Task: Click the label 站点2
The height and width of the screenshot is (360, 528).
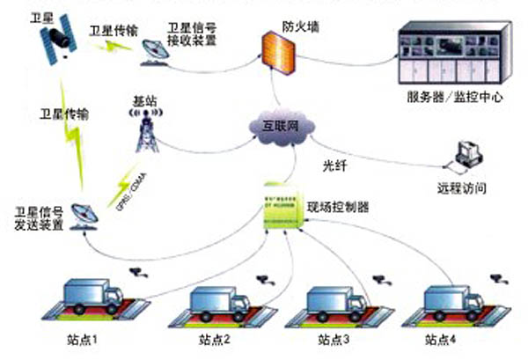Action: click(x=214, y=339)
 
